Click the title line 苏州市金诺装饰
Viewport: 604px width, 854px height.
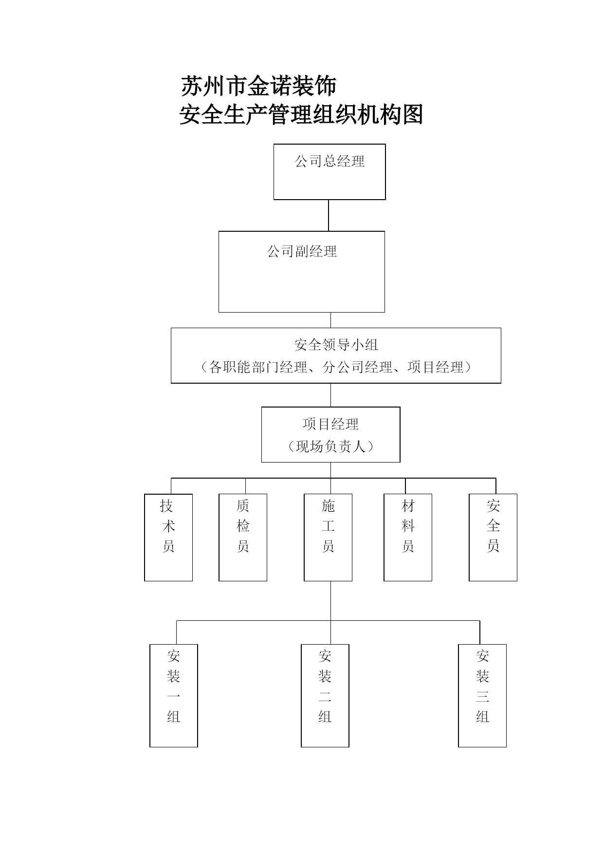click(258, 86)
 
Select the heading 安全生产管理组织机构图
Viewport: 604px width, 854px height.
click(301, 115)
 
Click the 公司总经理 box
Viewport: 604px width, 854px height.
click(329, 171)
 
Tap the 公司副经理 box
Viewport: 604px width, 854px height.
click(302, 272)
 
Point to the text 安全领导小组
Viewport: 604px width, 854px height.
click(336, 345)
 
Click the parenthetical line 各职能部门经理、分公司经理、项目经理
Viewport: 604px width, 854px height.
click(336, 367)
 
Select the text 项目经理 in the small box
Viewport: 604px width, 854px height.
click(331, 424)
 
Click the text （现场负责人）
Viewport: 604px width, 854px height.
click(331, 446)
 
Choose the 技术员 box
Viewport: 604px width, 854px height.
click(168, 538)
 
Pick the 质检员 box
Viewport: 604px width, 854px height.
click(243, 538)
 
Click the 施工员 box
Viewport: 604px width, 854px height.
click(328, 538)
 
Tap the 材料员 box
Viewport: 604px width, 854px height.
click(408, 538)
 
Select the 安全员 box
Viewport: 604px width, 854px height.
click(493, 538)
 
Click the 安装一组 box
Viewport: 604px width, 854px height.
click(174, 696)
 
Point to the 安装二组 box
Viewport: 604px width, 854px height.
click(325, 696)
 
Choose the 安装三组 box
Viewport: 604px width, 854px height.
click(482, 696)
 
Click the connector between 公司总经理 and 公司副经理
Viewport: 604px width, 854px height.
click(329, 215)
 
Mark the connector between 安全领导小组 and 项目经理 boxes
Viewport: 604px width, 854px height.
click(331, 395)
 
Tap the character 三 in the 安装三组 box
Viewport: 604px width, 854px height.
click(482, 697)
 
